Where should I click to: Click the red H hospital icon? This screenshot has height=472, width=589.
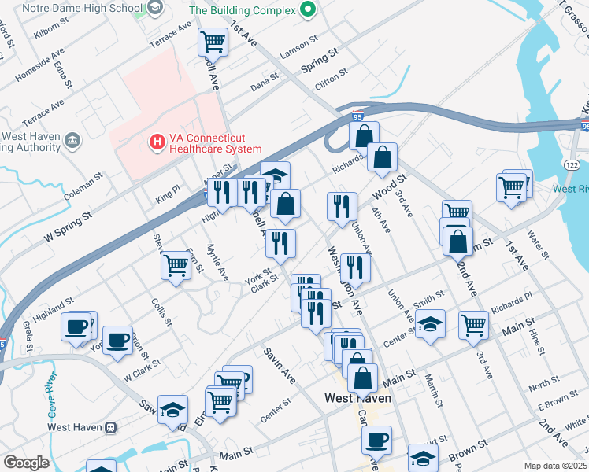tap(157, 142)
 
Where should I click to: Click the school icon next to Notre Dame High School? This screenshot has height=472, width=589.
tap(154, 9)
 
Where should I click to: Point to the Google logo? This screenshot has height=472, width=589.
tap(26, 463)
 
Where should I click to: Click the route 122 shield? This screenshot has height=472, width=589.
tap(572, 163)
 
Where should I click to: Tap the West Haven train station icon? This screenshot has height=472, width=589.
tap(111, 427)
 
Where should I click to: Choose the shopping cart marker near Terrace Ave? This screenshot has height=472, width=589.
tap(212, 41)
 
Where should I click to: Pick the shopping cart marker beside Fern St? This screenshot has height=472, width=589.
tap(176, 264)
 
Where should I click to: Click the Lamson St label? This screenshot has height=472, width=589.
tap(299, 40)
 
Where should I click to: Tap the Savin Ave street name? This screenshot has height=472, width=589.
tap(279, 366)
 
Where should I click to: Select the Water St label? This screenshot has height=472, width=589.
tap(539, 245)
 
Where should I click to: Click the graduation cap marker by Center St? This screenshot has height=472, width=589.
tap(430, 325)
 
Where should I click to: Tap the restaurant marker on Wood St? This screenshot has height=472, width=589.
tap(342, 206)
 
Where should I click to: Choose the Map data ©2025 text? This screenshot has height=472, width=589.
tap(555, 466)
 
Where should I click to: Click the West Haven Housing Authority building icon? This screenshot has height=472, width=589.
tap(73, 141)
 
